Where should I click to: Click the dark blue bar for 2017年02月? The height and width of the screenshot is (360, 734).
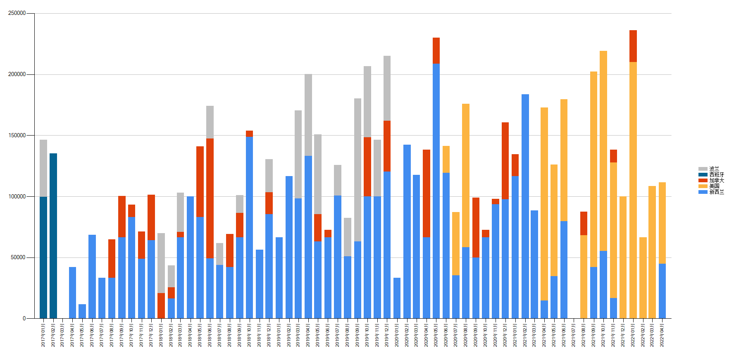pyautogui.click(x=53, y=236)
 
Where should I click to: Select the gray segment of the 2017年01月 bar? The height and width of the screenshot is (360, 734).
pyautogui.click(x=43, y=168)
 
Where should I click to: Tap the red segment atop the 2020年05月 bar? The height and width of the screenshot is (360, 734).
pyautogui.click(x=436, y=50)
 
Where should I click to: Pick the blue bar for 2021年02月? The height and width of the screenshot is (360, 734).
pyautogui.click(x=525, y=206)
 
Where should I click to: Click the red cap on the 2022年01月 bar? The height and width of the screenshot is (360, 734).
pyautogui.click(x=633, y=46)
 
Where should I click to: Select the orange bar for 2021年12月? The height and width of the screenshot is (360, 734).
pyautogui.click(x=623, y=257)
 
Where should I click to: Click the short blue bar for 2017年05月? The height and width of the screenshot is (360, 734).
pyautogui.click(x=82, y=311)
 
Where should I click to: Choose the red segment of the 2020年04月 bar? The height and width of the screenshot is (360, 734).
pyautogui.click(x=426, y=193)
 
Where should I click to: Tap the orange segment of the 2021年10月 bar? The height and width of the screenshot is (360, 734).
pyautogui.click(x=603, y=151)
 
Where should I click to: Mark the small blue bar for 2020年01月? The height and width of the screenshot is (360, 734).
pyautogui.click(x=397, y=298)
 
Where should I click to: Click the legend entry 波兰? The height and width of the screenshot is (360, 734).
pyautogui.click(x=714, y=169)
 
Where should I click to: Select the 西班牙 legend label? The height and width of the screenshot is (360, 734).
pyautogui.click(x=717, y=174)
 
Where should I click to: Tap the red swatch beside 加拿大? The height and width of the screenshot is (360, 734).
pyautogui.click(x=703, y=180)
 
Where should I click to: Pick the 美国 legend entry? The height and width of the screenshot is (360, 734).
pyautogui.click(x=714, y=186)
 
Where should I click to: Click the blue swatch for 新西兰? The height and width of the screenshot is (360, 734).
pyautogui.click(x=703, y=192)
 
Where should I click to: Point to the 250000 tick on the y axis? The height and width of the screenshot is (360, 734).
pyautogui.click(x=17, y=13)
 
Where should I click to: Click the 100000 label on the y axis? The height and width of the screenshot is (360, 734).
pyautogui.click(x=17, y=196)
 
